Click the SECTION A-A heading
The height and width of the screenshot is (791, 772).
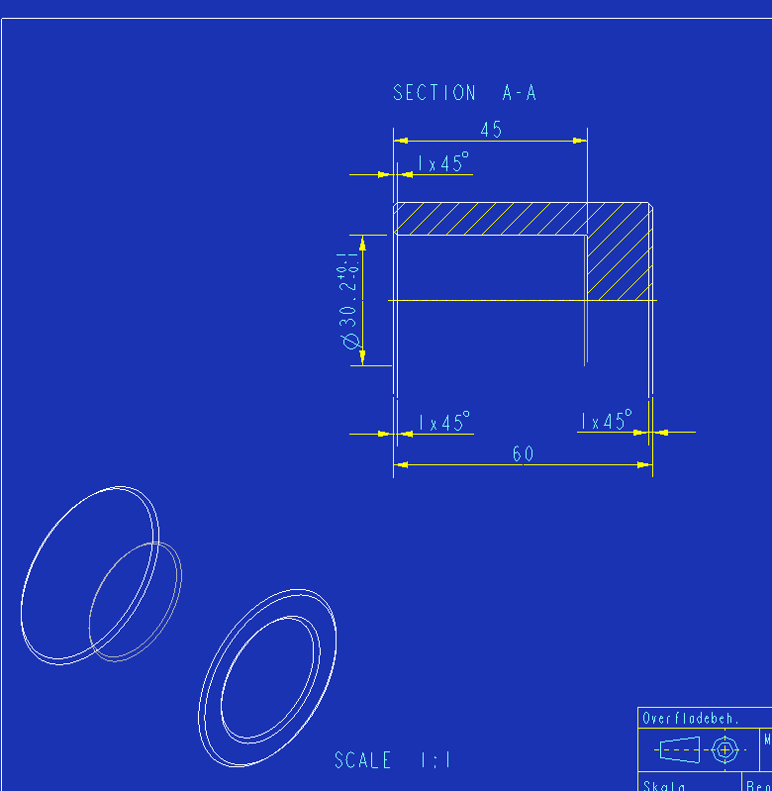(x=464, y=93)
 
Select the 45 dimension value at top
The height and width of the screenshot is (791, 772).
(x=491, y=130)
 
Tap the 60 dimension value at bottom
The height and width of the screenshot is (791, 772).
(x=523, y=454)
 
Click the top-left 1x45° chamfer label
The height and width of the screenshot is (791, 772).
(x=442, y=163)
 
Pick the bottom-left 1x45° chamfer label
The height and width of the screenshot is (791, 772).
(x=442, y=423)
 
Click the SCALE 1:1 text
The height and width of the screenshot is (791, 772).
(x=393, y=760)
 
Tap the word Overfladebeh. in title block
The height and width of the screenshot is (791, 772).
(x=691, y=719)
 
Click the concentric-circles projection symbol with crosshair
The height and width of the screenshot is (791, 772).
(x=725, y=750)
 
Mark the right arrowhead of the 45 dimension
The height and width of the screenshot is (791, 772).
(x=581, y=142)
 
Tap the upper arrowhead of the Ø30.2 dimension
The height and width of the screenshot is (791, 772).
(x=362, y=242)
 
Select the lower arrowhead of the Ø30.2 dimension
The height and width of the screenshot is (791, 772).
(x=362, y=358)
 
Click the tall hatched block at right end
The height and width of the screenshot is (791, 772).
(x=619, y=251)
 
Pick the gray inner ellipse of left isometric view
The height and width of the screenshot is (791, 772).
(x=135, y=601)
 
